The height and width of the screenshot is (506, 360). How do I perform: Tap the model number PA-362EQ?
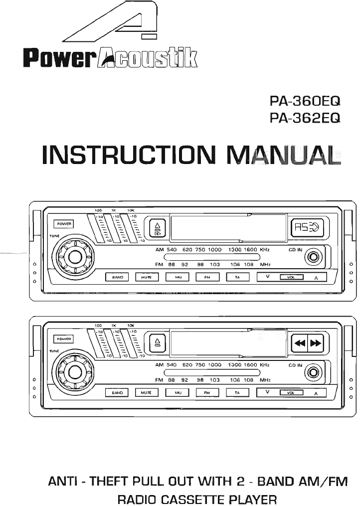pos(305,118)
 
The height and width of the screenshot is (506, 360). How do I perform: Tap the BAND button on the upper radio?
pos(118,277)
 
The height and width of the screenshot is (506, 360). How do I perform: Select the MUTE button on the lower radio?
pos(146,393)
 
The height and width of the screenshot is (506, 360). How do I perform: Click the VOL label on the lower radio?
pos(291,393)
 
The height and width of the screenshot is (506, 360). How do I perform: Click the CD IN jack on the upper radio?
pos(314,258)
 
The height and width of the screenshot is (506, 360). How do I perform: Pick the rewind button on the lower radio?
pos(299,343)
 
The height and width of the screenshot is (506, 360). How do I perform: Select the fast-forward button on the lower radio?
pos(316,343)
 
